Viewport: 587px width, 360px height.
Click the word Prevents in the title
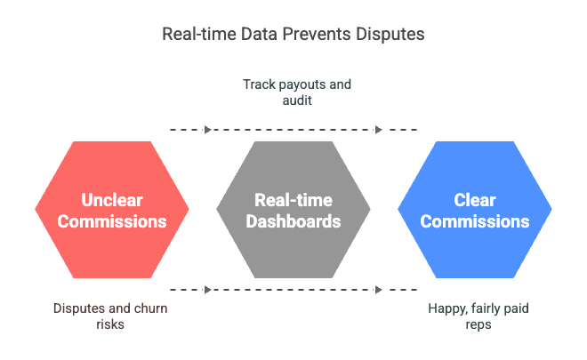click(317, 34)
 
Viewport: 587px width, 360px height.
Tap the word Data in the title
click(260, 34)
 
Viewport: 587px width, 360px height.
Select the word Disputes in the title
click(390, 35)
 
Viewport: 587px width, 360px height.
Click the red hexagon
click(112, 210)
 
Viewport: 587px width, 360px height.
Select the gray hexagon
click(293, 210)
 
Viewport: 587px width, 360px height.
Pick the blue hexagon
click(475, 210)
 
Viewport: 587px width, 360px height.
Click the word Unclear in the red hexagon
click(112, 200)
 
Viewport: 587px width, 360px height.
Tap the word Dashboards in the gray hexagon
click(293, 221)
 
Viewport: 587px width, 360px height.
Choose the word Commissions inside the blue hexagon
click(475, 221)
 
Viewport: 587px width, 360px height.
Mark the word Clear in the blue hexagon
click(475, 200)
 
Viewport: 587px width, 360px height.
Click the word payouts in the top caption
click(297, 85)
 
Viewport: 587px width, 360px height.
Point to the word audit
click(297, 100)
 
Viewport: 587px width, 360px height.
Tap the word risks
click(110, 324)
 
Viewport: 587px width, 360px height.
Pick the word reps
click(478, 324)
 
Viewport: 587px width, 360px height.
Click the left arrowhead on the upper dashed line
click(208, 130)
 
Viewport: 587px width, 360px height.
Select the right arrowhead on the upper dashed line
click(379, 130)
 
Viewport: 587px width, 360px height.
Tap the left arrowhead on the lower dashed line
click(208, 290)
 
